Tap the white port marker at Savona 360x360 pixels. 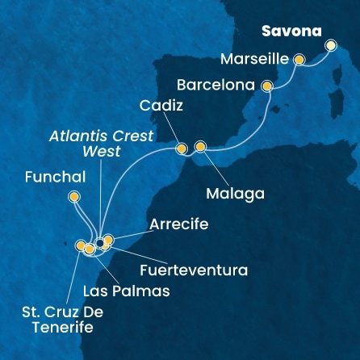click(330, 46)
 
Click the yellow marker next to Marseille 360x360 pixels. click(299, 59)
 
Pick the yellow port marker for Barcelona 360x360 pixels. click(267, 85)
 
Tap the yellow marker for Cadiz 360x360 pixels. click(181, 148)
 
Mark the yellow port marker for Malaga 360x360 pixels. click(201, 146)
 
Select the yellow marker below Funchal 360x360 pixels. click(74, 195)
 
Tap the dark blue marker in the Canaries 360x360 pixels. click(99, 242)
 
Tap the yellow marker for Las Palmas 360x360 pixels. click(90, 249)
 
